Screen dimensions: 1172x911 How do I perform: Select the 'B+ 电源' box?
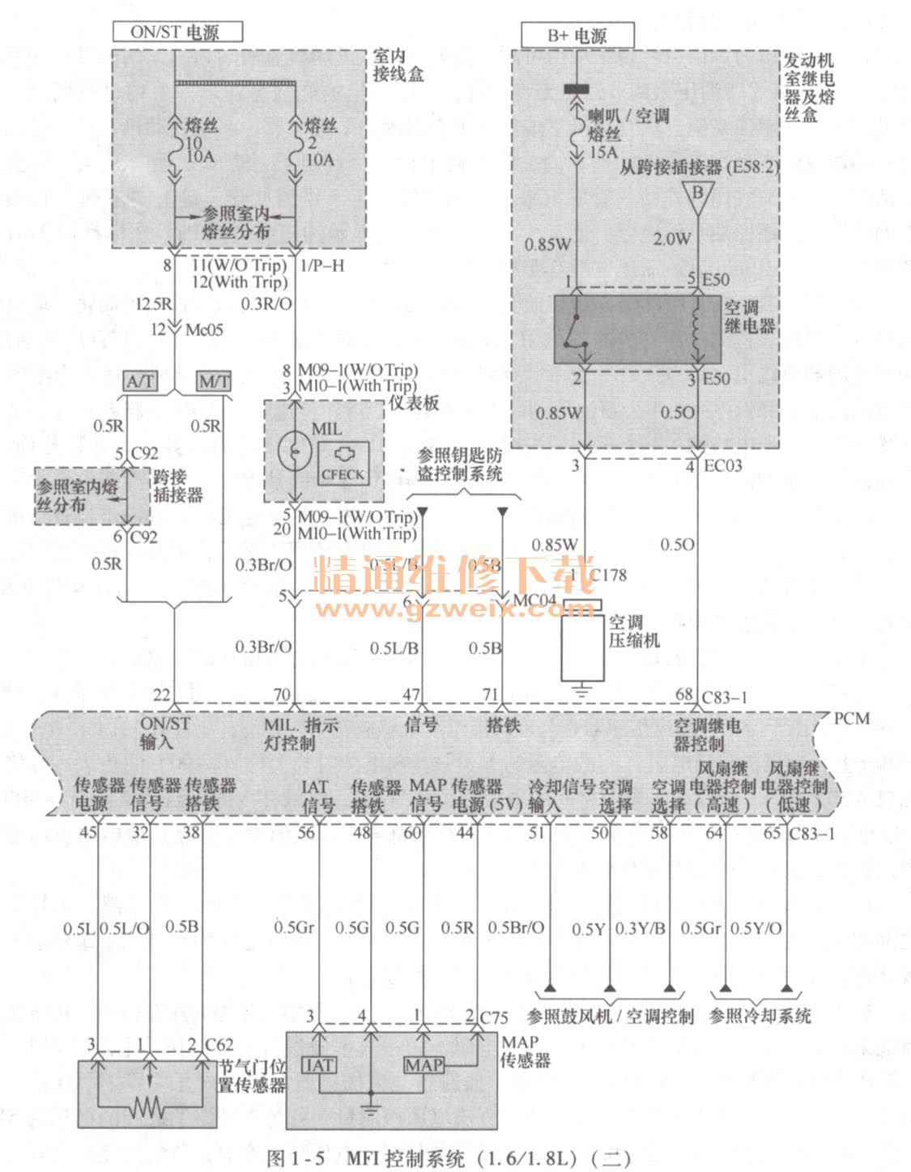point(577,36)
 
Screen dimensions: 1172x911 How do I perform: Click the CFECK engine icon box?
point(343,464)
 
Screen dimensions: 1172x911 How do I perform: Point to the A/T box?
point(141,380)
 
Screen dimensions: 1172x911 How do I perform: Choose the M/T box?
point(214,380)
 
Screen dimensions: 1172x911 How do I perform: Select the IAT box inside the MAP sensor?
point(319,1065)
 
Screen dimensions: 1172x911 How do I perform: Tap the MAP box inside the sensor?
point(424,1065)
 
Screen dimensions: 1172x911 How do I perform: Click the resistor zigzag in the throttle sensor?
point(149,1106)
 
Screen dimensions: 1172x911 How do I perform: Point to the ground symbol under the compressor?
point(581,690)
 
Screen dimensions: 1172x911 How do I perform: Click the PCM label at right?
point(851,719)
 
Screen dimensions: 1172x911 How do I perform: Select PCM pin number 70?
point(281,695)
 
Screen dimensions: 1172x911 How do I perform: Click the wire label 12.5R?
point(152,304)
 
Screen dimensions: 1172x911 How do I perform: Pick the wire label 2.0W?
point(672,239)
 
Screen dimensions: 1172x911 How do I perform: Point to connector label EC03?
point(722,465)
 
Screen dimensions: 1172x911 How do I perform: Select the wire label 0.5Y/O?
point(756,928)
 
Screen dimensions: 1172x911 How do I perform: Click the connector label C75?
point(494,1017)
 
